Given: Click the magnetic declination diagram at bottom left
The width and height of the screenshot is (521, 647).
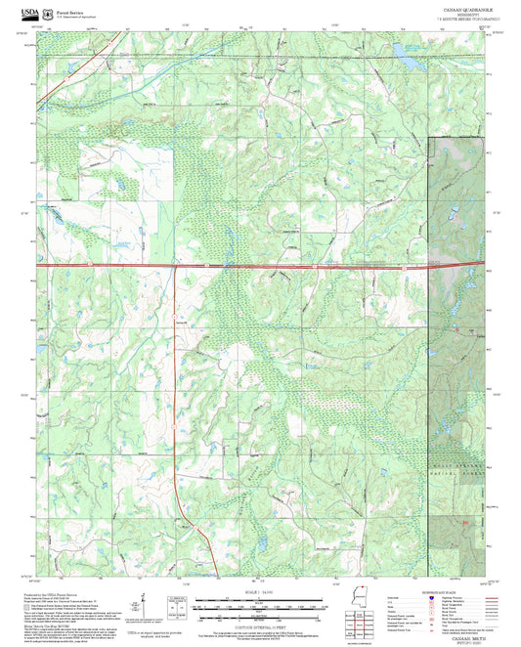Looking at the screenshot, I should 147,606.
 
